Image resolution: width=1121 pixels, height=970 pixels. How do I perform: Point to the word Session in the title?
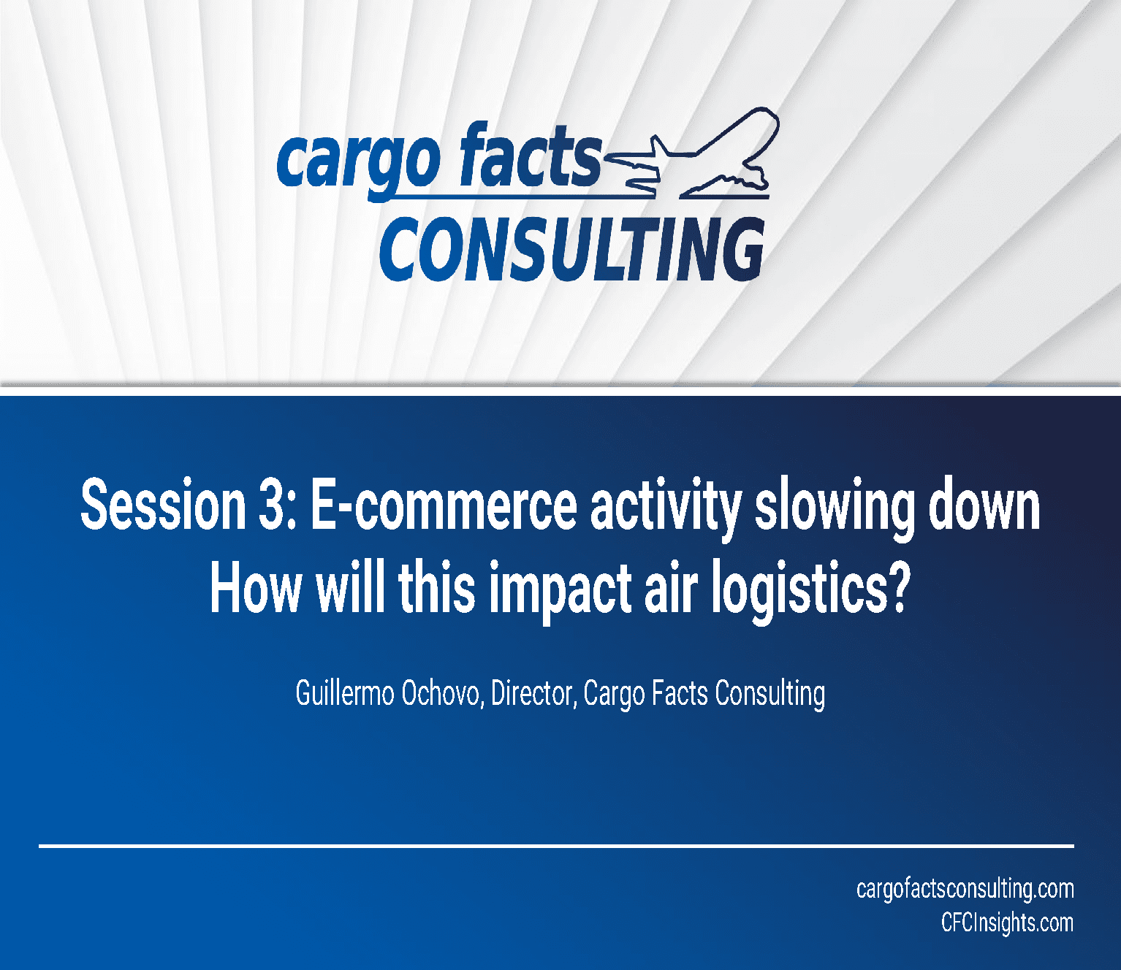[164, 505]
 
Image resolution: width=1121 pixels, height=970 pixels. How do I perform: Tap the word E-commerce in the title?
[443, 506]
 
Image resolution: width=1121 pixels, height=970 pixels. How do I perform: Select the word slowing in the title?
[835, 509]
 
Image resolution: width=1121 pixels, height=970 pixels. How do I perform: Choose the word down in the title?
[984, 505]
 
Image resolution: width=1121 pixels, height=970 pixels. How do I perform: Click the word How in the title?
[256, 588]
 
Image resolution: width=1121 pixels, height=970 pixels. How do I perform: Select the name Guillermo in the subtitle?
[345, 693]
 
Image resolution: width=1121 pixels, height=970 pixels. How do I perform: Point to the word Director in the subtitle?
[532, 694]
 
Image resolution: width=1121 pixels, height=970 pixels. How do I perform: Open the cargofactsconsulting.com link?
[965, 889]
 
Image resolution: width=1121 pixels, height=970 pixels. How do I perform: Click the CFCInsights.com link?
[1007, 923]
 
